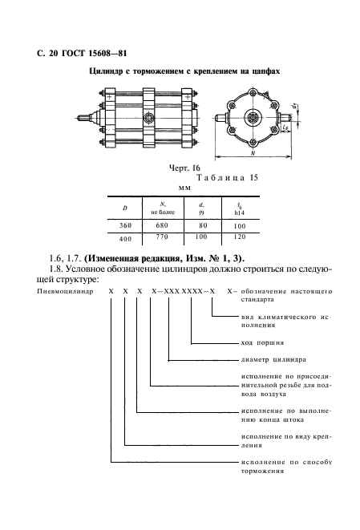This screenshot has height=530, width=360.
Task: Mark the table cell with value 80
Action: tap(202, 226)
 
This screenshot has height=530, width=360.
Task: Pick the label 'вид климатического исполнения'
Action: tap(285, 322)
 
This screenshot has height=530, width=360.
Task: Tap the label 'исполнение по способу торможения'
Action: tap(285, 467)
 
